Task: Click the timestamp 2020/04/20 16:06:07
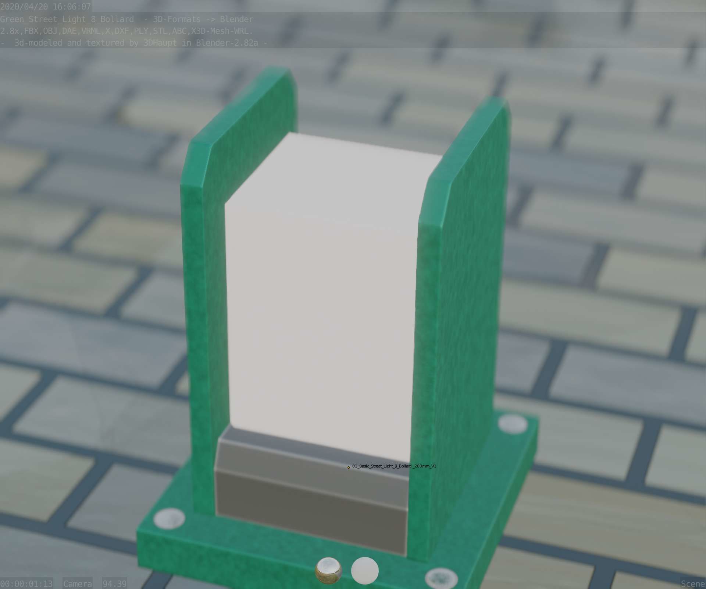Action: coord(46,7)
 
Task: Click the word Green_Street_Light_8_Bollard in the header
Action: coord(67,19)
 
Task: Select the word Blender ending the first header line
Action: coord(236,19)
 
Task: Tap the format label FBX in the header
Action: coord(31,31)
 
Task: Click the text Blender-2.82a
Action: coord(227,43)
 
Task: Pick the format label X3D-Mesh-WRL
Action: coord(222,31)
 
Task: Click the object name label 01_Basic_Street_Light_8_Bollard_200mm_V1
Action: coord(394,466)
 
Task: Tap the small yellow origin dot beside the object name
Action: coord(349,468)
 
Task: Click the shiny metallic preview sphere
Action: coord(328,571)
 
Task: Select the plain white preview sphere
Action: coord(365,571)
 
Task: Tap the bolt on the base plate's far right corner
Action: coord(513,423)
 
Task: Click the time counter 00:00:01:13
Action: coord(26,584)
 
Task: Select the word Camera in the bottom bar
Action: coord(77,584)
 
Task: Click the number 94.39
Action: coord(114,584)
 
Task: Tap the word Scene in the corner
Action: coord(693,584)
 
